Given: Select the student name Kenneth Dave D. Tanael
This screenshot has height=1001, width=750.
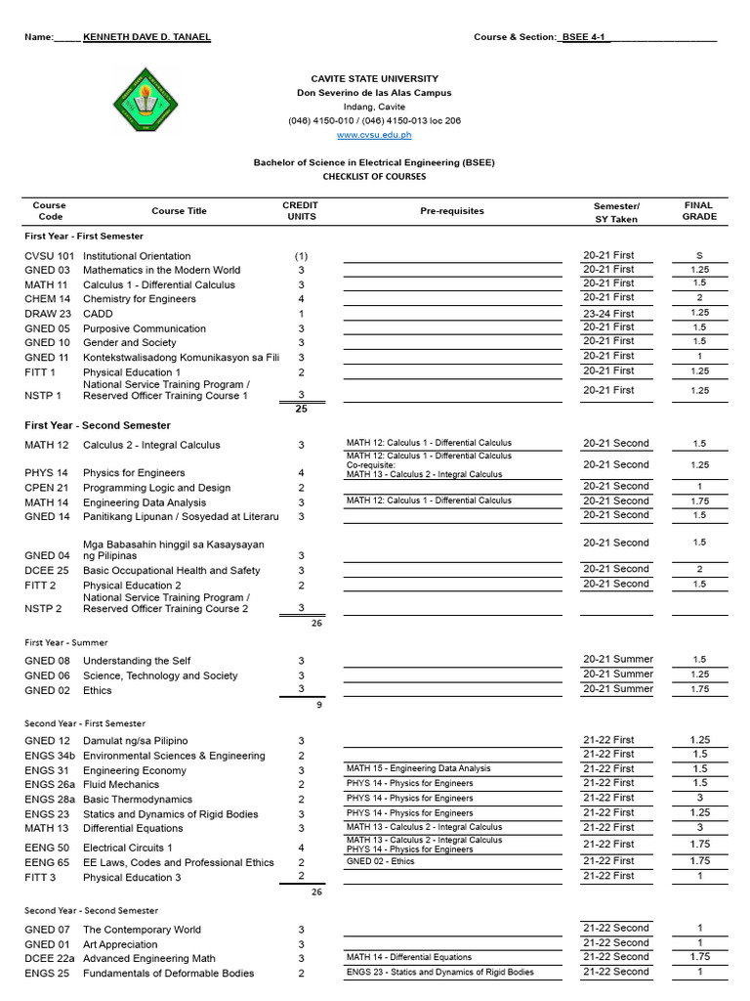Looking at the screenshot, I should pyautogui.click(x=146, y=37).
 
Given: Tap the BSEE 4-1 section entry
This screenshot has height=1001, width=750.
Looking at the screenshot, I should pyautogui.click(x=585, y=37).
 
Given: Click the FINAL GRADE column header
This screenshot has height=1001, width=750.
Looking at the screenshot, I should pyautogui.click(x=699, y=211).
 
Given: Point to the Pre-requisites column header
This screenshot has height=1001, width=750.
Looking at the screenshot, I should pyautogui.click(x=452, y=211).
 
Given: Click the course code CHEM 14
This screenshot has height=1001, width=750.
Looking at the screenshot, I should pyautogui.click(x=48, y=299).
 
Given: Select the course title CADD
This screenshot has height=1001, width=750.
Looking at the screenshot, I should pyautogui.click(x=98, y=314).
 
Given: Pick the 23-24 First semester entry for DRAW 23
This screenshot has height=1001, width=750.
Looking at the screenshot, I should pyautogui.click(x=608, y=314).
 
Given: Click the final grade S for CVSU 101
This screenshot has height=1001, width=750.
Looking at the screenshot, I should pyautogui.click(x=699, y=255).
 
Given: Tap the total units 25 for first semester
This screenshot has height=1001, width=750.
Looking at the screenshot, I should pyautogui.click(x=301, y=410).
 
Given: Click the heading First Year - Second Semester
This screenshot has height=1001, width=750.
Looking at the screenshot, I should pyautogui.click(x=98, y=426).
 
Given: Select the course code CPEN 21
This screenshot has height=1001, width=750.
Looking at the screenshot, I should pyautogui.click(x=47, y=488).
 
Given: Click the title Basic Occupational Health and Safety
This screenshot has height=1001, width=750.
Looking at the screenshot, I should pyautogui.click(x=172, y=571).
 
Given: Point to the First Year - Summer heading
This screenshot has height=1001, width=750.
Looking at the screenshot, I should pyautogui.click(x=66, y=643).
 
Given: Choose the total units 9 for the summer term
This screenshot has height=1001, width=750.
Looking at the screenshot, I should pyautogui.click(x=318, y=704).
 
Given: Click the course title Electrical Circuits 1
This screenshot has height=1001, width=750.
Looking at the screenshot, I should pyautogui.click(x=128, y=848).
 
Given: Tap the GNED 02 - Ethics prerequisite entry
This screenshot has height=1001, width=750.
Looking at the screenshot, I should pyautogui.click(x=381, y=861).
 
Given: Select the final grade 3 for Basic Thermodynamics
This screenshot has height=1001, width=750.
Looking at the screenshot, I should pyautogui.click(x=699, y=798).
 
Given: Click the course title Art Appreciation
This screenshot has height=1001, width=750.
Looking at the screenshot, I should pyautogui.click(x=120, y=944).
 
